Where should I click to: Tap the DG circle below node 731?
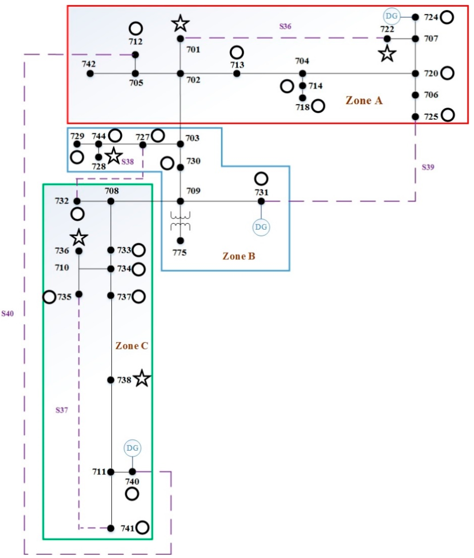(x=261, y=227)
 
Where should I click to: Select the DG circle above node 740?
(x=132, y=448)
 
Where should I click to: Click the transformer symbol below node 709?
(x=180, y=221)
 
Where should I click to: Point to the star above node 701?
(x=180, y=24)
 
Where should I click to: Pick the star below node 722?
(x=387, y=54)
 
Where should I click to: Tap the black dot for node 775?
(x=180, y=241)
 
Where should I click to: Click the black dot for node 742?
(x=90, y=73)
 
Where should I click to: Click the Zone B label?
(x=239, y=256)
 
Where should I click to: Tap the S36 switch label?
(x=285, y=26)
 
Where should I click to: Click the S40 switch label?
(x=8, y=314)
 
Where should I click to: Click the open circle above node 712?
(x=136, y=29)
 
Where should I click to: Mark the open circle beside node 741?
(x=142, y=527)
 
